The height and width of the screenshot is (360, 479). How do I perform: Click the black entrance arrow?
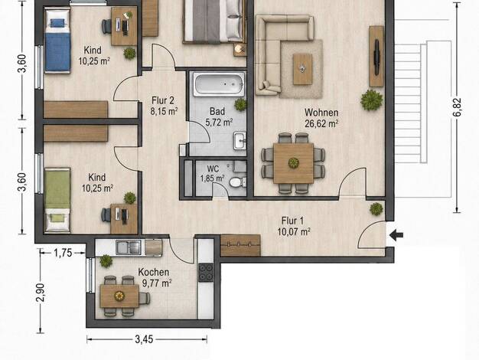[396, 235]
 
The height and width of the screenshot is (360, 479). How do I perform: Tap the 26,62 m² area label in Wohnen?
[321, 123]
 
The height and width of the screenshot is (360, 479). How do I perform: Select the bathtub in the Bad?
[220, 84]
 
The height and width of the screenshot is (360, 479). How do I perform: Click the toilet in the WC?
[236, 182]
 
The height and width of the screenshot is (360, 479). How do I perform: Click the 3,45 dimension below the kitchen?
[144, 339]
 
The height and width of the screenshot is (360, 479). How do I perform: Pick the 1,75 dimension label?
[63, 253]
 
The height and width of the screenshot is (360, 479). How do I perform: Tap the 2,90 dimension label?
[41, 293]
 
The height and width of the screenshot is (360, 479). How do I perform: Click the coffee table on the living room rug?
[302, 69]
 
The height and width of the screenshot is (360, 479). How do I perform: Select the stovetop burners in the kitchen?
[206, 272]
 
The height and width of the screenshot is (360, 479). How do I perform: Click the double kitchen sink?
[129, 247]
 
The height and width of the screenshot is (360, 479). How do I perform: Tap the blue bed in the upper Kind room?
[57, 41]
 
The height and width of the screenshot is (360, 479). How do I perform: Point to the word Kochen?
[153, 272]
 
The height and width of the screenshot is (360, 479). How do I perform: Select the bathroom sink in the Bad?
[239, 141]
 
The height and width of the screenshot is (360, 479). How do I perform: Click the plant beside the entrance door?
[376, 209]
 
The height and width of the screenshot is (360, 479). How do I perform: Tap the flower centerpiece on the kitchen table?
[119, 296]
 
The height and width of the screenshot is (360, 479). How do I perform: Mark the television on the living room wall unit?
[377, 57]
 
